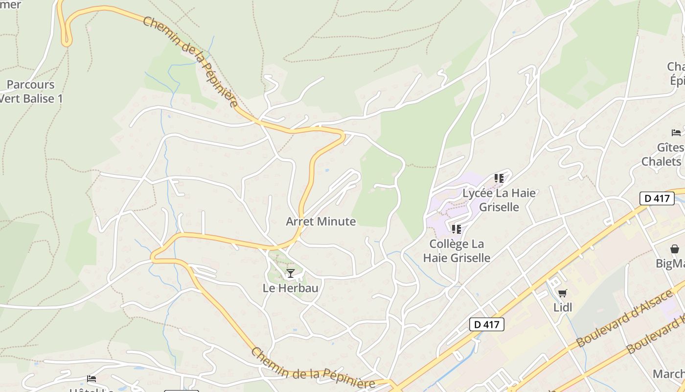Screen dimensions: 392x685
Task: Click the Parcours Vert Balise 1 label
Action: pyautogui.click(x=31, y=92)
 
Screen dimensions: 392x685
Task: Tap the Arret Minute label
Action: pyautogui.click(x=320, y=221)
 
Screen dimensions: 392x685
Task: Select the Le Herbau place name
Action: pyautogui.click(x=290, y=288)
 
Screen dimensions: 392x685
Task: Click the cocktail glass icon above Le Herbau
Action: pyautogui.click(x=291, y=273)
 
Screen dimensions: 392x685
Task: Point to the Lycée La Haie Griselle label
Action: pyautogui.click(x=499, y=200)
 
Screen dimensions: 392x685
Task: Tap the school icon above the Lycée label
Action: pyautogui.click(x=499, y=178)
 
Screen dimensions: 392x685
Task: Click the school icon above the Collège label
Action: pyautogui.click(x=457, y=229)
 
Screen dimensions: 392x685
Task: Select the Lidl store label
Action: pyautogui.click(x=563, y=308)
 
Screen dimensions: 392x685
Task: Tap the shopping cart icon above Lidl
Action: pyautogui.click(x=563, y=294)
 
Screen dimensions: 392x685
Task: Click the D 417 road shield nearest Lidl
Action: pyautogui.click(x=486, y=324)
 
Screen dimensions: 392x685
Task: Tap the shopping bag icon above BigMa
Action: pyautogui.click(x=675, y=249)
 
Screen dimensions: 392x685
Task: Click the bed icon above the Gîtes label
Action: pyautogui.click(x=676, y=132)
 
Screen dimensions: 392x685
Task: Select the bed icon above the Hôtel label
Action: pyautogui.click(x=91, y=379)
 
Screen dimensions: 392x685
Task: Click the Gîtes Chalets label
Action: pyautogui.click(x=663, y=154)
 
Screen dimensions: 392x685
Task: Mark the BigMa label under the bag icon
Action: pyautogui.click(x=670, y=264)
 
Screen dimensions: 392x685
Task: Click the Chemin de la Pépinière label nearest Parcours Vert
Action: pyautogui.click(x=191, y=61)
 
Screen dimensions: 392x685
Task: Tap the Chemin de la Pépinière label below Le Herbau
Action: pyautogui.click(x=313, y=370)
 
